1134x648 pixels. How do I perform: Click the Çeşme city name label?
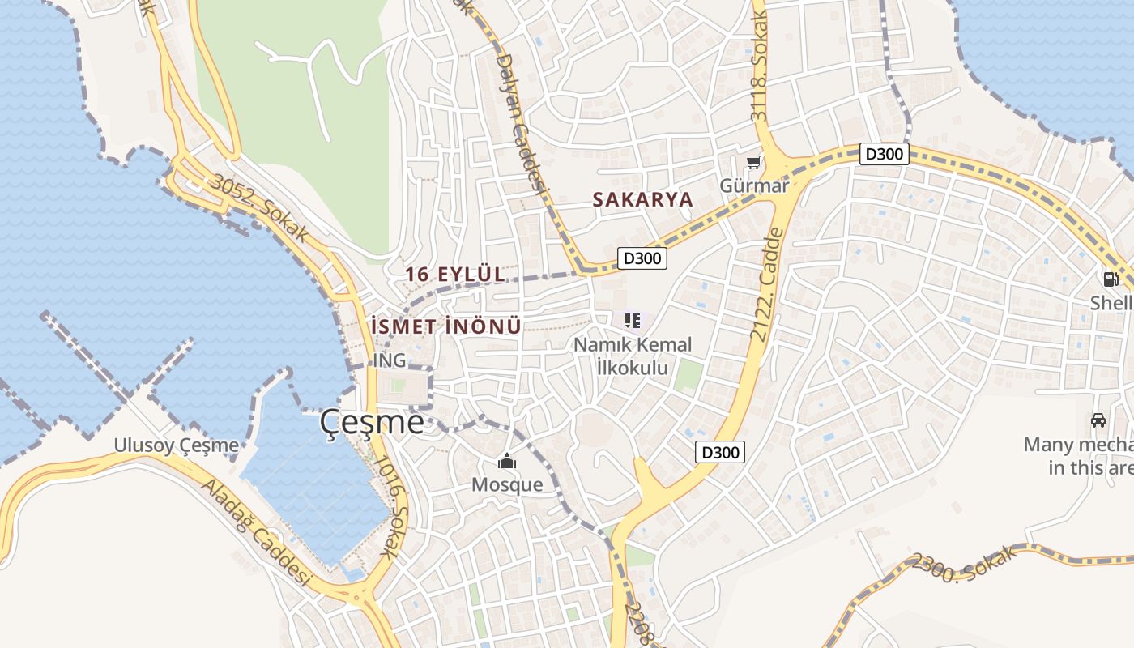click(372, 422)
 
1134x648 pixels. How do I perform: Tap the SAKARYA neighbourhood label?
click(642, 199)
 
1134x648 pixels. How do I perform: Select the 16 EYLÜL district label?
click(454, 275)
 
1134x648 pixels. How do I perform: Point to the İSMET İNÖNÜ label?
click(445, 326)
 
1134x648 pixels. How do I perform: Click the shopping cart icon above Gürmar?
click(753, 163)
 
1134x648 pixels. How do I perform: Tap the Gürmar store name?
click(754, 185)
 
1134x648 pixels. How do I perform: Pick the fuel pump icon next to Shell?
click(1111, 279)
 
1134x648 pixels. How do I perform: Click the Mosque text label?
click(507, 484)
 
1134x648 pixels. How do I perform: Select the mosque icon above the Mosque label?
click(507, 462)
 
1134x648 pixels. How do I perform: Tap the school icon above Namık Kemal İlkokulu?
click(633, 322)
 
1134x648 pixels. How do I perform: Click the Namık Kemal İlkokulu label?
click(633, 356)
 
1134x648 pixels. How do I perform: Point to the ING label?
click(390, 360)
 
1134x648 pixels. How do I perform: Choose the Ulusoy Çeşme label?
click(177, 445)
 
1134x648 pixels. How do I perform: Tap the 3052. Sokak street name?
click(258, 207)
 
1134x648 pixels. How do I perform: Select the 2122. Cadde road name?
click(768, 283)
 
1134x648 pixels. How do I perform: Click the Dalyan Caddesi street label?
click(518, 122)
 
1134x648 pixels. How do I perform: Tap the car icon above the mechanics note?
click(1098, 420)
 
